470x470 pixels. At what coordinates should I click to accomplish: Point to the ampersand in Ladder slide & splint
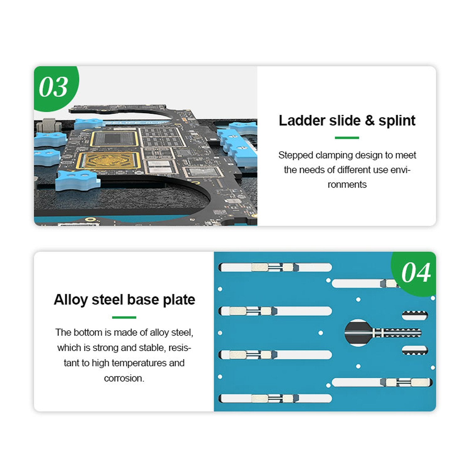[370, 121]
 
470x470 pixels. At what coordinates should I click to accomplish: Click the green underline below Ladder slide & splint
[347, 138]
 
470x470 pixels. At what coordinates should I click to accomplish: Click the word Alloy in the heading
[70, 300]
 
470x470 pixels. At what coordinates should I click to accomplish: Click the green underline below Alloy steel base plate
[124, 317]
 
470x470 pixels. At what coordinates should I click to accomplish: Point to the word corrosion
[124, 378]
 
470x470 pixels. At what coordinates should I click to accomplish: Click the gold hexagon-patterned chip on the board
[109, 161]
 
